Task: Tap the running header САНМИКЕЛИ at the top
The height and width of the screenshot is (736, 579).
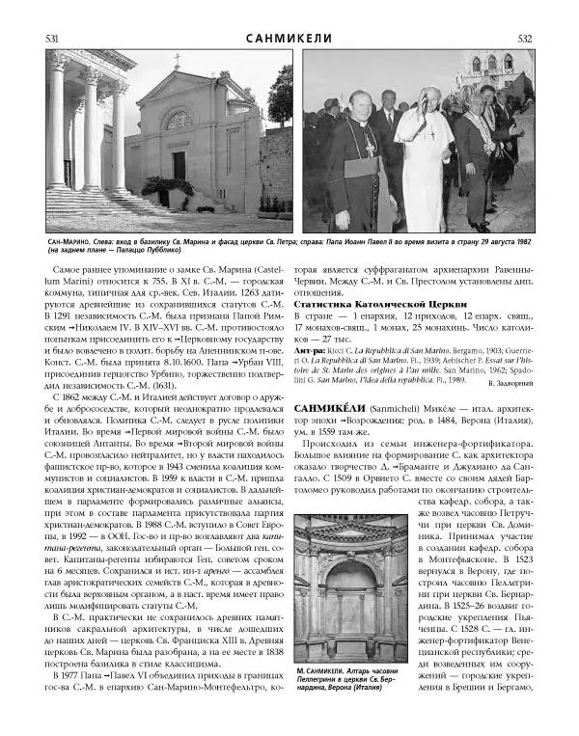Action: [x=289, y=39]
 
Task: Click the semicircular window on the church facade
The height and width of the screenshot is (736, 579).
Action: [x=180, y=121]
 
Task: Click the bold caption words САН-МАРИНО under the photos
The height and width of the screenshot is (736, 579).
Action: [x=68, y=241]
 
